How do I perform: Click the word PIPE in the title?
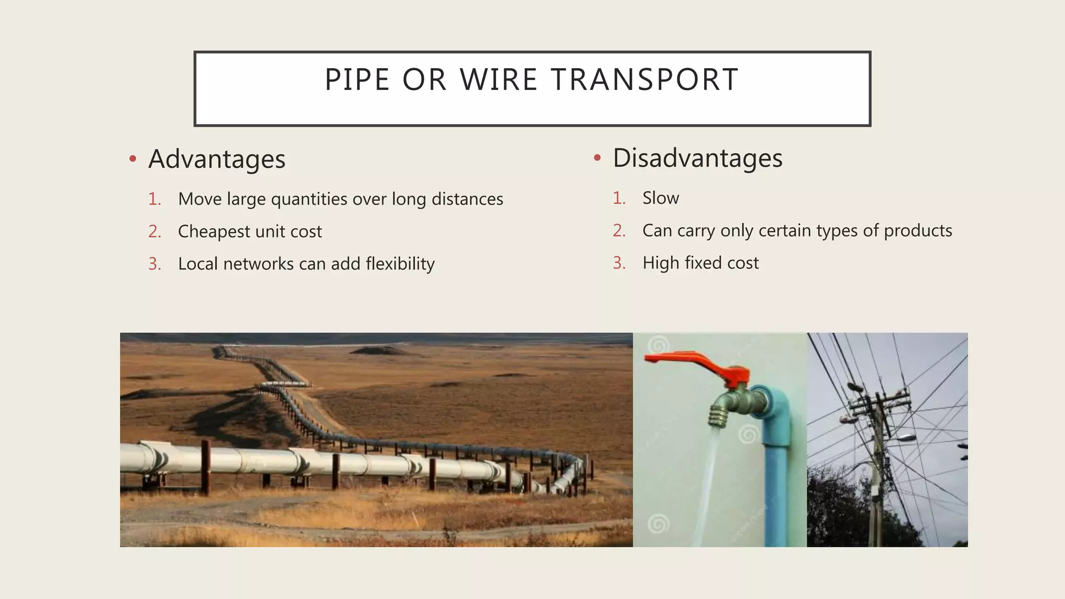(x=357, y=80)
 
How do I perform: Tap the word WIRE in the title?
(x=499, y=80)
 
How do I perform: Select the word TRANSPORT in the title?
(x=645, y=80)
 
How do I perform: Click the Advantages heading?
(x=217, y=159)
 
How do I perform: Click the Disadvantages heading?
(x=697, y=158)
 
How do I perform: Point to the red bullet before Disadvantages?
(x=597, y=158)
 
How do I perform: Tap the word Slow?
(x=660, y=198)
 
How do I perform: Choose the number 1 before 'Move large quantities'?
(x=154, y=199)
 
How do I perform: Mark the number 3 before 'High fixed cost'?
(x=618, y=263)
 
